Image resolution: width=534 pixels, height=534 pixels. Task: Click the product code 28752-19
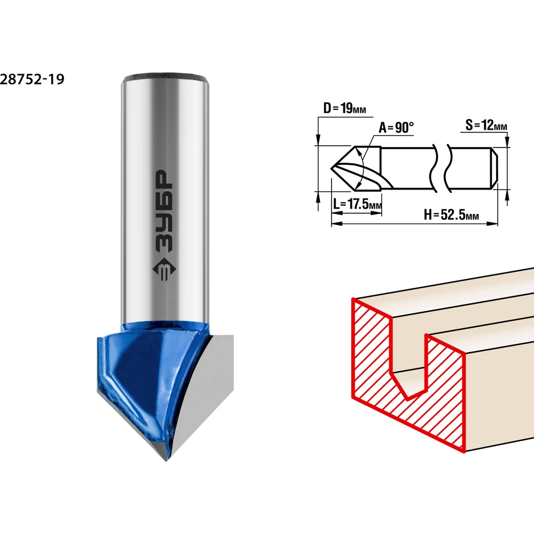[x=32, y=79]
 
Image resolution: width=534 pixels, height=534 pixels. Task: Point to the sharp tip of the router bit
[x=166, y=460]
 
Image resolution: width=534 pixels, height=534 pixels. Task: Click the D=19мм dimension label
[x=344, y=108]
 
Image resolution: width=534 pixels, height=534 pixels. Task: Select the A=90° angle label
[x=396, y=128]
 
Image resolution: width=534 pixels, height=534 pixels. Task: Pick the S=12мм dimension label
[x=486, y=125]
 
